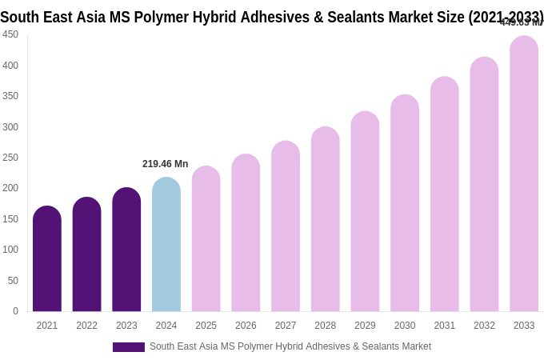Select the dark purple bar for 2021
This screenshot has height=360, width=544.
coord(47,259)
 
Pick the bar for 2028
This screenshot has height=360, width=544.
coord(326,219)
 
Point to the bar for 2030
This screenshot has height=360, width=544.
coord(405,203)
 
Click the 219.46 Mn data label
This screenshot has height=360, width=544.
coord(166,164)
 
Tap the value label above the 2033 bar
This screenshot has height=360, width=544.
coord(521,22)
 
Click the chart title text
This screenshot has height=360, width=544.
coord(272,17)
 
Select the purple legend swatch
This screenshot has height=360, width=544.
coord(128,347)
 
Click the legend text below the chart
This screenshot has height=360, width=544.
coord(290,346)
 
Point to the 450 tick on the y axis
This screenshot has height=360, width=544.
coord(10,34)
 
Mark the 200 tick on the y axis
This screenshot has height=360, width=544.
coord(10,188)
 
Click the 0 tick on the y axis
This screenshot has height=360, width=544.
coord(15,311)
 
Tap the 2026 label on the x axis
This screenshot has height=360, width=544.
coord(246,326)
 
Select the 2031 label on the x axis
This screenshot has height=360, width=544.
coord(445,326)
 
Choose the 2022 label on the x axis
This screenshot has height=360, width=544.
coord(87,326)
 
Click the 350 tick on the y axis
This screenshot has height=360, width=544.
coord(10,96)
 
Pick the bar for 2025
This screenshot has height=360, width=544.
coord(206,239)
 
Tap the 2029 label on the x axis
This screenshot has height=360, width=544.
coord(365,326)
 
